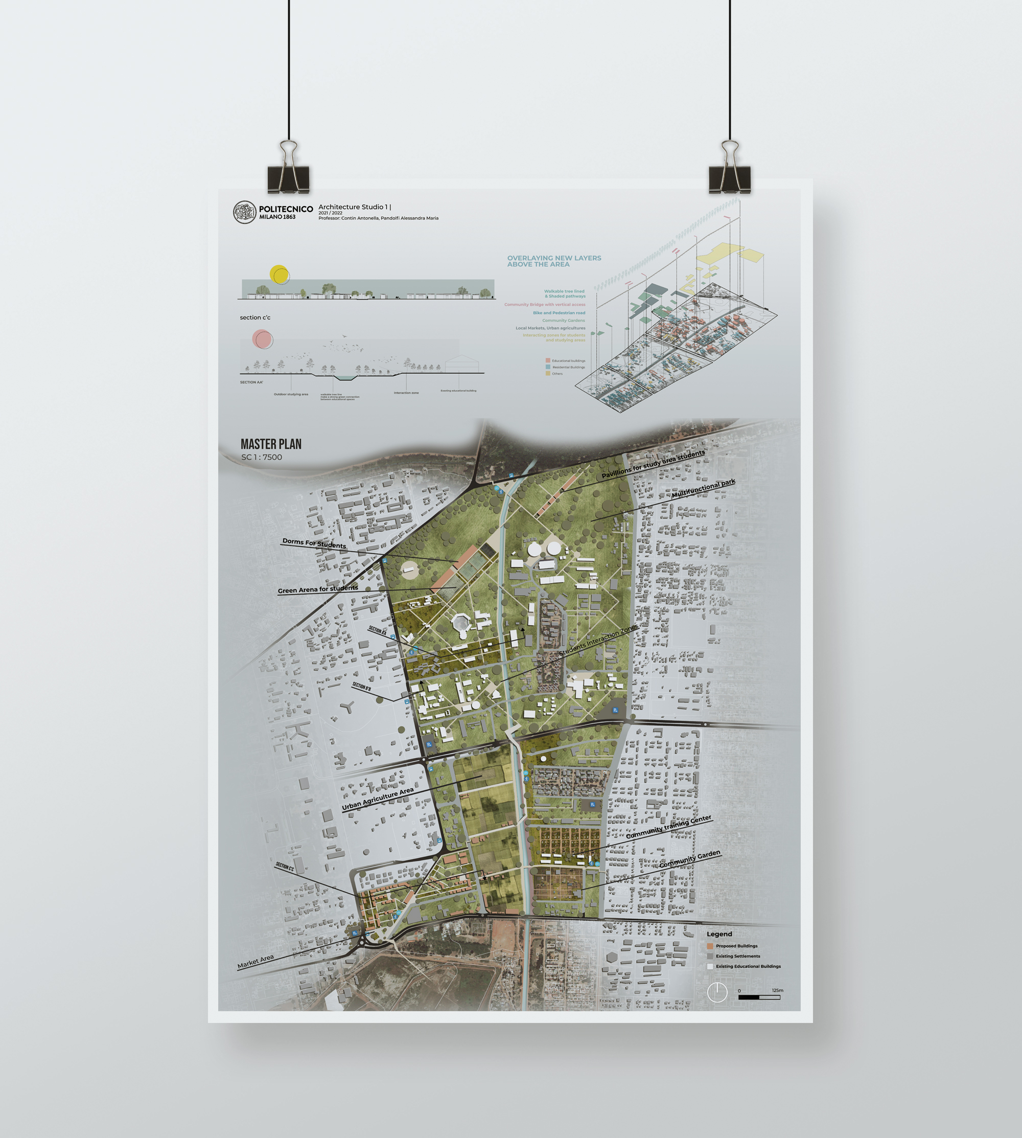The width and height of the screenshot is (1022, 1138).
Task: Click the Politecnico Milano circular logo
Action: (244, 212)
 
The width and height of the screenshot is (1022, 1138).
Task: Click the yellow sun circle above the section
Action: (279, 274)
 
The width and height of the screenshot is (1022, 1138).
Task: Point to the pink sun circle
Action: (262, 339)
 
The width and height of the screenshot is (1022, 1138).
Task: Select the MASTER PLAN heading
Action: (271, 444)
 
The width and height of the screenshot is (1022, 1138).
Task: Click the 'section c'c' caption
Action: (255, 317)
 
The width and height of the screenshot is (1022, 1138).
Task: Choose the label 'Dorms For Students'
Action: (314, 543)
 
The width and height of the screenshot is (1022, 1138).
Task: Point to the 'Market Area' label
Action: (255, 962)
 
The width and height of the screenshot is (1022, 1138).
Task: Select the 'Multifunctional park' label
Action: (703, 489)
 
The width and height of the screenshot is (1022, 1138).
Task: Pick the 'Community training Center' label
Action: (668, 827)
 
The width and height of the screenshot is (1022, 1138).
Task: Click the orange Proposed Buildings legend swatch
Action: (710, 946)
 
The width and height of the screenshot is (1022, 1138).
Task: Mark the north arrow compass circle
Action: (717, 992)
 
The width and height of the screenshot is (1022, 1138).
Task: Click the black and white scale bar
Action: (759, 997)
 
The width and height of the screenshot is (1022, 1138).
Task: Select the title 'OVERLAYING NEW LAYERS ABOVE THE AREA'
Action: (554, 261)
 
